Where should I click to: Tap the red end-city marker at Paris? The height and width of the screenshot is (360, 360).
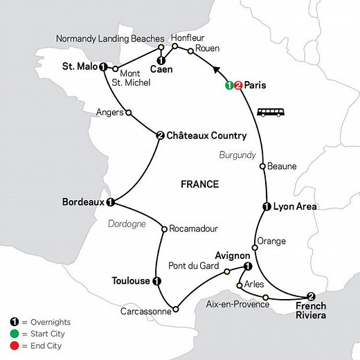[239, 87]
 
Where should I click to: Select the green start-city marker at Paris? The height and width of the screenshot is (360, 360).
[230, 87]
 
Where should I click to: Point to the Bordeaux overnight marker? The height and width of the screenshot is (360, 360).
[110, 203]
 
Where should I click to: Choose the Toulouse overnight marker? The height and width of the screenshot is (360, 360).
[156, 281]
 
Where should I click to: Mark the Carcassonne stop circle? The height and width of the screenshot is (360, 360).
[176, 309]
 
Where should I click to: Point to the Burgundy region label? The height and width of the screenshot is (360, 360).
[238, 154]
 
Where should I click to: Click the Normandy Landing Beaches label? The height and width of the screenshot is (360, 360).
[109, 38]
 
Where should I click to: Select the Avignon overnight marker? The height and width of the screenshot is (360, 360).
[248, 267]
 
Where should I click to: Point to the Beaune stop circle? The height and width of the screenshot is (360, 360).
[262, 166]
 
